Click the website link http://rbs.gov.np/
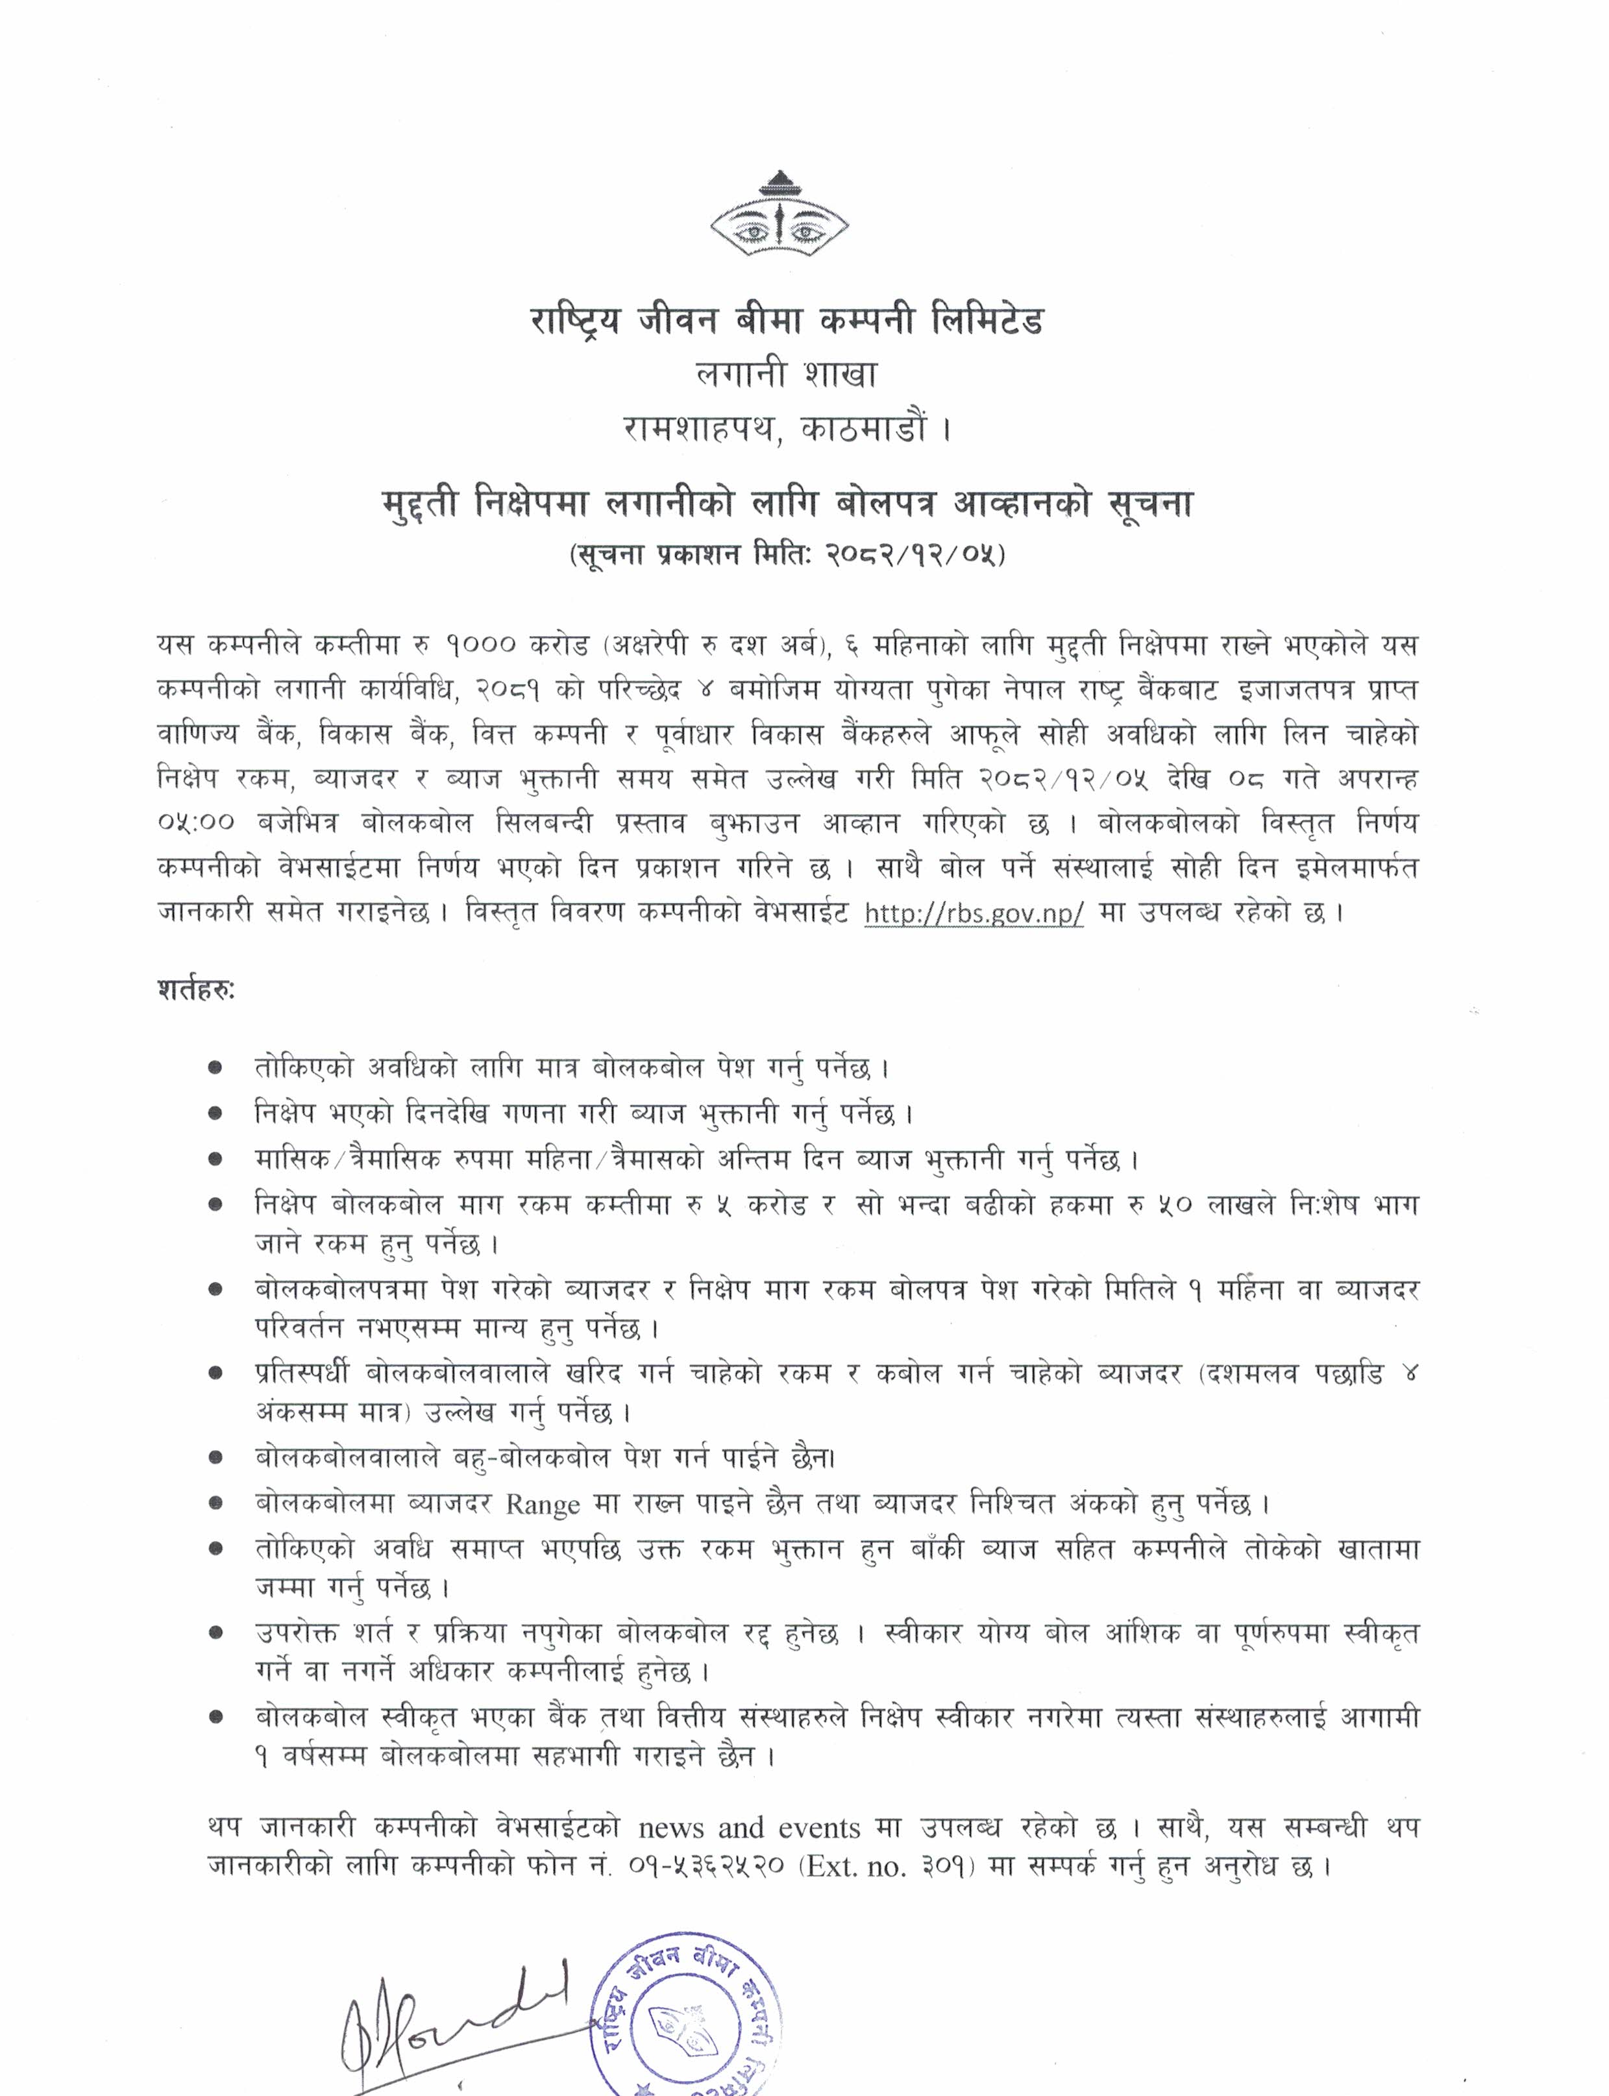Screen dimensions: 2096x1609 click(974, 913)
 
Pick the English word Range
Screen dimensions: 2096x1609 click(542, 1504)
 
